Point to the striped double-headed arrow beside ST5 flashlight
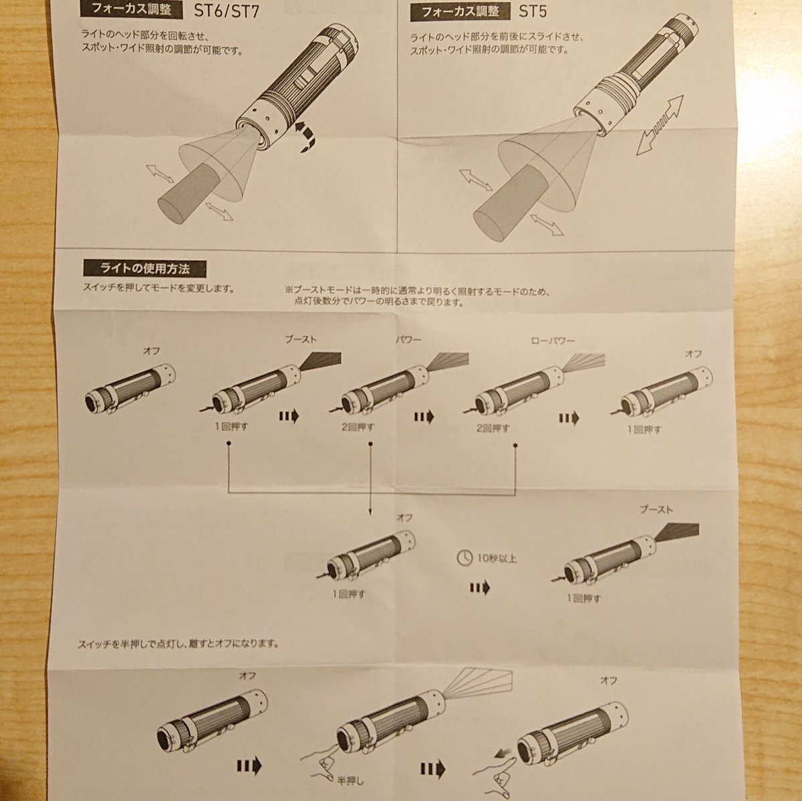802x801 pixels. tap(660, 124)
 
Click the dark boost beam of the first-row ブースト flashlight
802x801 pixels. tap(319, 361)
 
